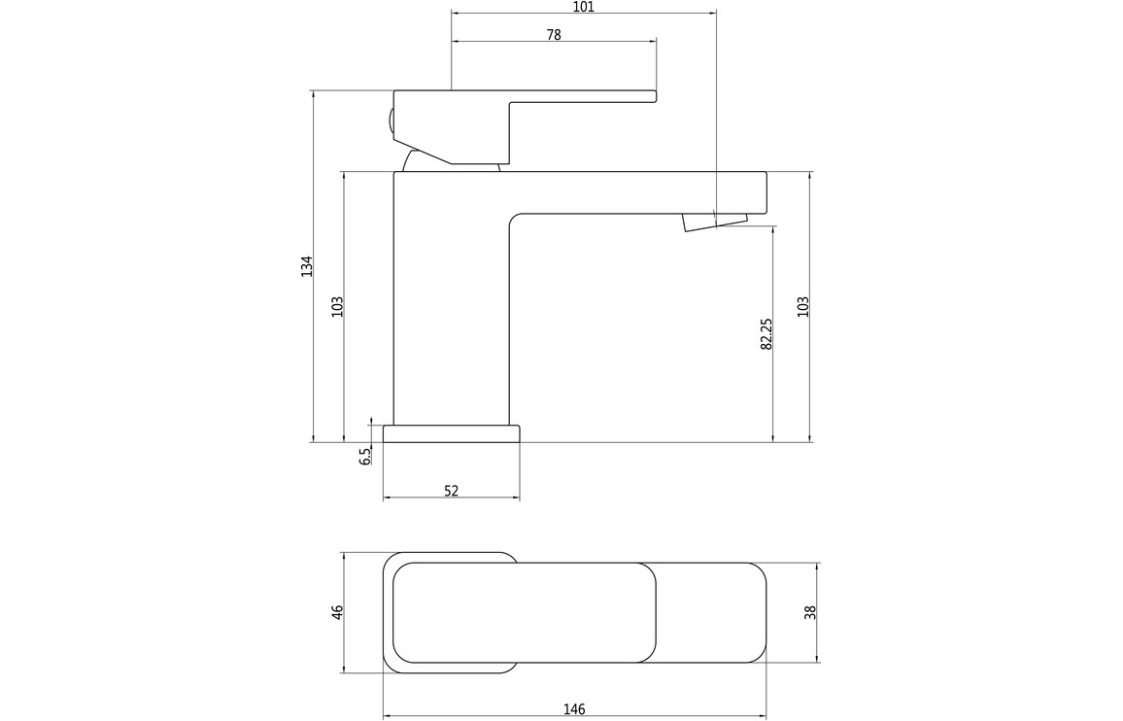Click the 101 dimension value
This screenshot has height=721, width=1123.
[x=584, y=7]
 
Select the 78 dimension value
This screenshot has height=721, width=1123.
[x=554, y=34]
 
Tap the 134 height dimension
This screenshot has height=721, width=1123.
[x=307, y=266]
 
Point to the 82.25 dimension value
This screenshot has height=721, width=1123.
[x=766, y=334]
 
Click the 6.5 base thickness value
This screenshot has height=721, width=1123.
[x=365, y=456]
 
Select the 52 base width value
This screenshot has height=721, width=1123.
[x=451, y=491]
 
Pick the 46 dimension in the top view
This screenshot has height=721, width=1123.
[x=338, y=613]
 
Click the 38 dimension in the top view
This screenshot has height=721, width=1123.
[x=810, y=613]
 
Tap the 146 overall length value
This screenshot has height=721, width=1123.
[x=574, y=709]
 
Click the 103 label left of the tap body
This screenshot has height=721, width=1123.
[x=338, y=307]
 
